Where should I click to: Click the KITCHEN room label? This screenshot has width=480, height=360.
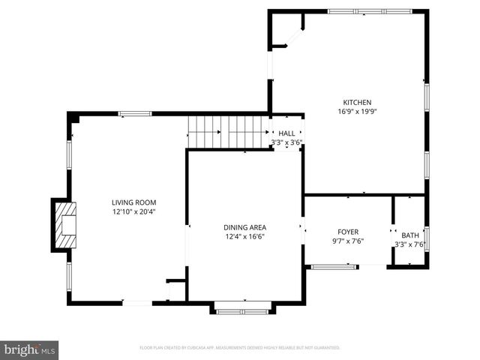(x=357, y=103)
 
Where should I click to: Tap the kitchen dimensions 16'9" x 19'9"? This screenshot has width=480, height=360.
(x=357, y=112)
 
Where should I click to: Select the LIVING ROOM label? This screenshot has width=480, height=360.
(x=134, y=202)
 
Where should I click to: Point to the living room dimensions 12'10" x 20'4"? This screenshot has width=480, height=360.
(x=134, y=211)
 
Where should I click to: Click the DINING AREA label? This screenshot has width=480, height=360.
(x=244, y=227)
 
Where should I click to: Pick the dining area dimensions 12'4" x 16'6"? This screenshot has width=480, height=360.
(x=244, y=236)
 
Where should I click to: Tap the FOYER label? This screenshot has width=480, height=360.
(x=347, y=232)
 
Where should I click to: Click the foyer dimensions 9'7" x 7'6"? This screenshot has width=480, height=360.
(x=347, y=241)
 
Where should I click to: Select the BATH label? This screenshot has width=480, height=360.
(x=410, y=235)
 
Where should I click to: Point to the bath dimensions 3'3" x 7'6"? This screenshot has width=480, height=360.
(x=410, y=244)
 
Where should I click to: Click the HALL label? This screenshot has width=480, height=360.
(x=286, y=133)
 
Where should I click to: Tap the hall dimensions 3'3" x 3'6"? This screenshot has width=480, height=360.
(x=286, y=142)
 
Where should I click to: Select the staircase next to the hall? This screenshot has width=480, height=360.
(x=227, y=132)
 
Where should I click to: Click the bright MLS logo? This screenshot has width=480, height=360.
(x=30, y=349)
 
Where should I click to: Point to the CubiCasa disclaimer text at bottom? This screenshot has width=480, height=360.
(x=240, y=348)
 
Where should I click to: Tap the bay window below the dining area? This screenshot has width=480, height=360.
(x=243, y=307)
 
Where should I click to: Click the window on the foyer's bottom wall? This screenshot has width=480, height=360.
(x=334, y=265)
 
